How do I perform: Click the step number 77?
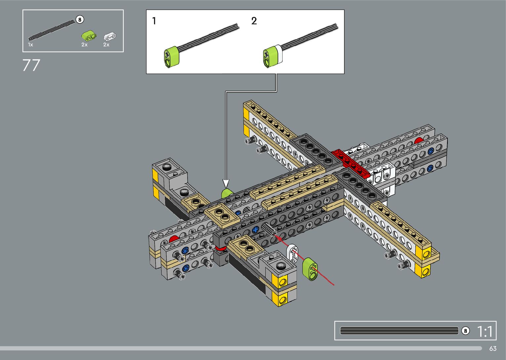point(31,65)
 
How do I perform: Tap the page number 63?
point(493,348)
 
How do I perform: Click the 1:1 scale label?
point(485,331)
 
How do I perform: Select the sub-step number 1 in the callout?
point(154,21)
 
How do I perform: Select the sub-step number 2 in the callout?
point(254,21)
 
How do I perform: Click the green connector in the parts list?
point(89,36)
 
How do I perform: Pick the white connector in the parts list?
point(110,37)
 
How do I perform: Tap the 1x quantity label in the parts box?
point(30,45)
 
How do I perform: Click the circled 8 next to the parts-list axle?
point(80,20)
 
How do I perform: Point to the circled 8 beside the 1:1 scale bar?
point(465,331)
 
